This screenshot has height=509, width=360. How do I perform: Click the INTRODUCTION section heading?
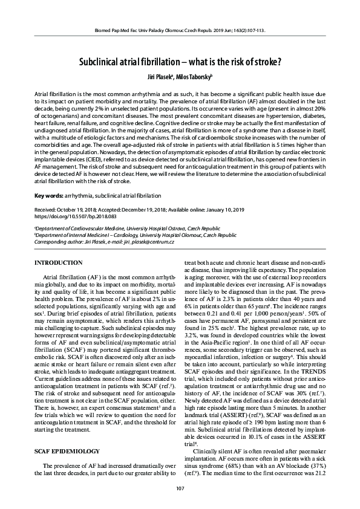(58, 263)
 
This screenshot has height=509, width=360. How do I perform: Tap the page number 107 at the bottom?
(180, 488)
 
